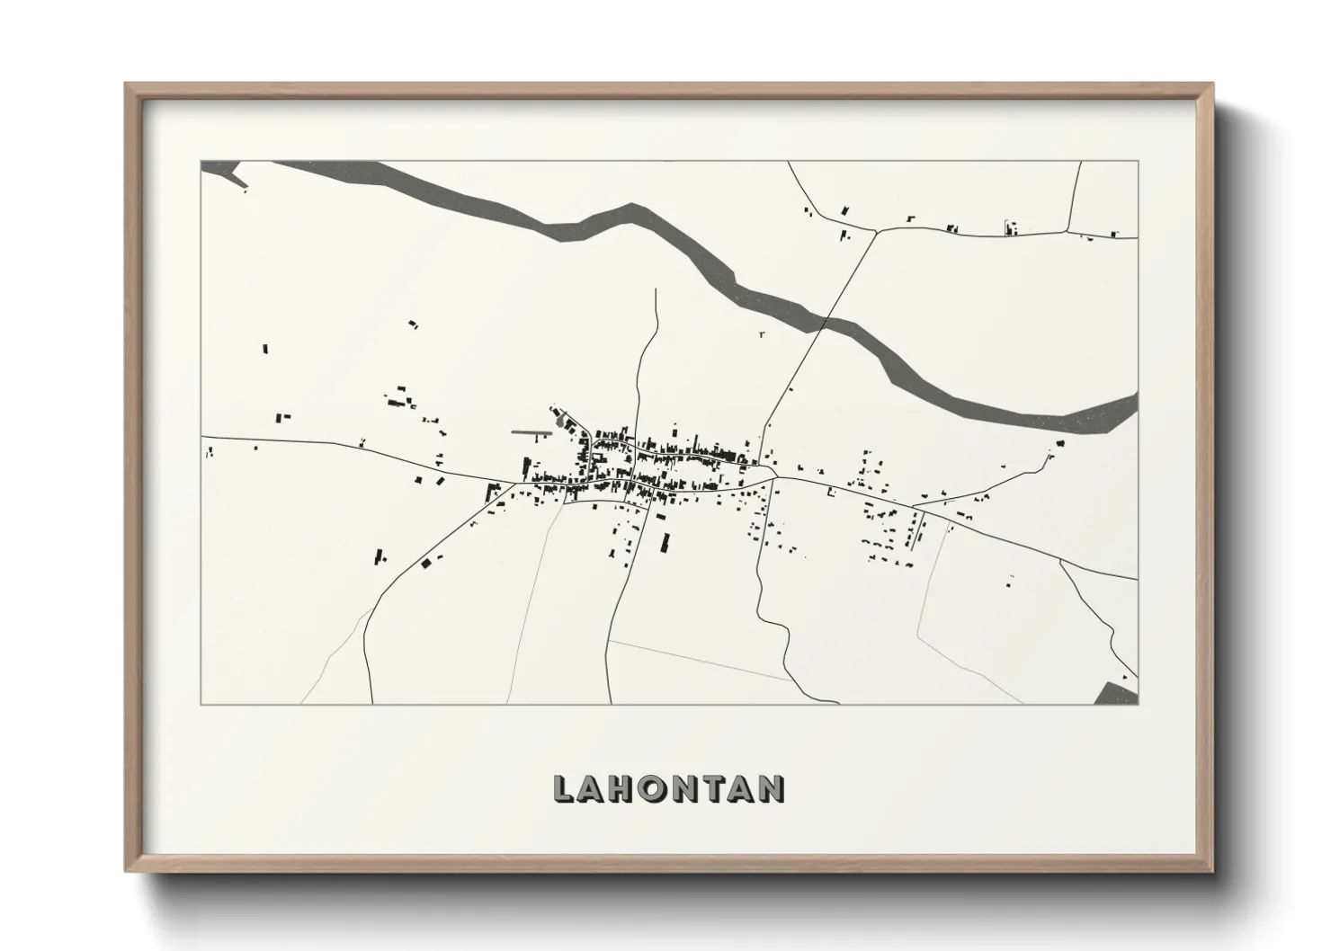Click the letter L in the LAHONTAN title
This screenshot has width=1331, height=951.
pos(563,788)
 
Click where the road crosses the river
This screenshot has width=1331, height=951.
pos(826,319)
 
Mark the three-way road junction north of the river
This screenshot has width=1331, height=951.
pos(876,230)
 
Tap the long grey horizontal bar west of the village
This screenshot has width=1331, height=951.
pos(531,432)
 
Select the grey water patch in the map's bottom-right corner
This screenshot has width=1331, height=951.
pos(1120,694)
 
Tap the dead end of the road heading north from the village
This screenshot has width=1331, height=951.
pos(657,289)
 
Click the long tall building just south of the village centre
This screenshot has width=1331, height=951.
pos(666,542)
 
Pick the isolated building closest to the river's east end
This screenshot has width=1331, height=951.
pos(1060,443)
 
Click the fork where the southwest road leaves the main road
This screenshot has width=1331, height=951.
pos(514,484)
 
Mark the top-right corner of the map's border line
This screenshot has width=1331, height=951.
pos(1138,162)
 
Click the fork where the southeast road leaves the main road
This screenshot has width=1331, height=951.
pos(1059,560)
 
